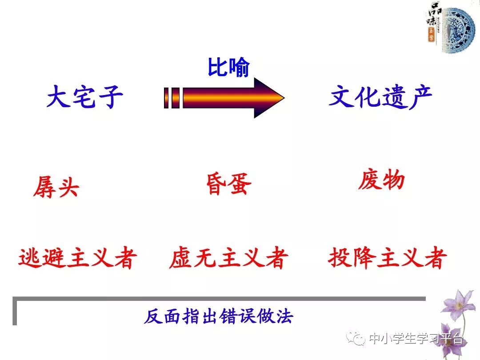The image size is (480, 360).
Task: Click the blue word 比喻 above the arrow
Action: (228, 68)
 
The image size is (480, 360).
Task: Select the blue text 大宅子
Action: (84, 97)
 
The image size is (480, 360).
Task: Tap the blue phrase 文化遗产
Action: (380, 96)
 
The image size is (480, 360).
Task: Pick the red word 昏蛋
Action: (228, 184)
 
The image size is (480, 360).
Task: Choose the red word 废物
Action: (381, 180)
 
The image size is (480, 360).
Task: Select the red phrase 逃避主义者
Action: (77, 258)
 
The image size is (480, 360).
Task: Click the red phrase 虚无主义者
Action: (228, 258)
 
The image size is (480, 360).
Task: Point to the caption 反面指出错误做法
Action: (219, 317)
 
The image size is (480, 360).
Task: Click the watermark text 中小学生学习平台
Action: (416, 339)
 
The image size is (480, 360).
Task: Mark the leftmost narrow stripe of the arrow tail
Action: (166, 98)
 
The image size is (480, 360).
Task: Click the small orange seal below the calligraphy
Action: (431, 36)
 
